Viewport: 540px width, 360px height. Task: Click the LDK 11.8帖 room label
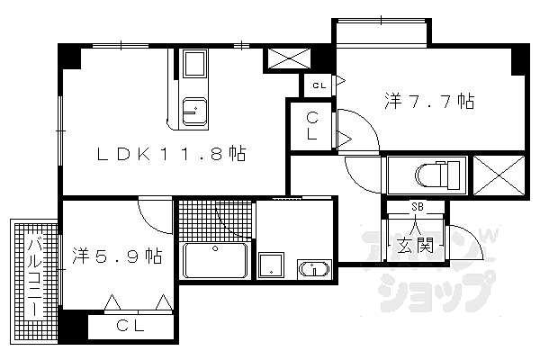pyautogui.click(x=171, y=154)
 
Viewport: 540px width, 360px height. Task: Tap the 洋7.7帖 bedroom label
pyautogui.click(x=429, y=101)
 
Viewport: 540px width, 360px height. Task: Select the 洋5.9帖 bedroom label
pyautogui.click(x=117, y=256)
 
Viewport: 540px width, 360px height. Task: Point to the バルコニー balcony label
pyautogui.click(x=34, y=278)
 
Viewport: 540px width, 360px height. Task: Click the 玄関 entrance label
pyautogui.click(x=416, y=245)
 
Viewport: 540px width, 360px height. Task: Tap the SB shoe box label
pyautogui.click(x=418, y=207)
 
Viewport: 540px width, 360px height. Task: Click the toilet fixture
pyautogui.click(x=437, y=175)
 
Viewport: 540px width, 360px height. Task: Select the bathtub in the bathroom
pyautogui.click(x=215, y=260)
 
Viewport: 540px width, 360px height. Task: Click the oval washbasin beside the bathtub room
pyautogui.click(x=314, y=269)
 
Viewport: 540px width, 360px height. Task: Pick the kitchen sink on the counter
pyautogui.click(x=195, y=112)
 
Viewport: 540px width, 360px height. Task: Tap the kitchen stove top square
pyautogui.click(x=195, y=64)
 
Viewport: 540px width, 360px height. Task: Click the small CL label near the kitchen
pyautogui.click(x=319, y=85)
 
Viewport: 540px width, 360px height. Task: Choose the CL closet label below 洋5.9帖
pyautogui.click(x=130, y=325)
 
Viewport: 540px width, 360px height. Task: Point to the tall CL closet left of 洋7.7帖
pyautogui.click(x=312, y=126)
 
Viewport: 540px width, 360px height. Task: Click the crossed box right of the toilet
pyautogui.click(x=499, y=175)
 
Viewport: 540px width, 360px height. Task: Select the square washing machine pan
pyautogui.click(x=272, y=265)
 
